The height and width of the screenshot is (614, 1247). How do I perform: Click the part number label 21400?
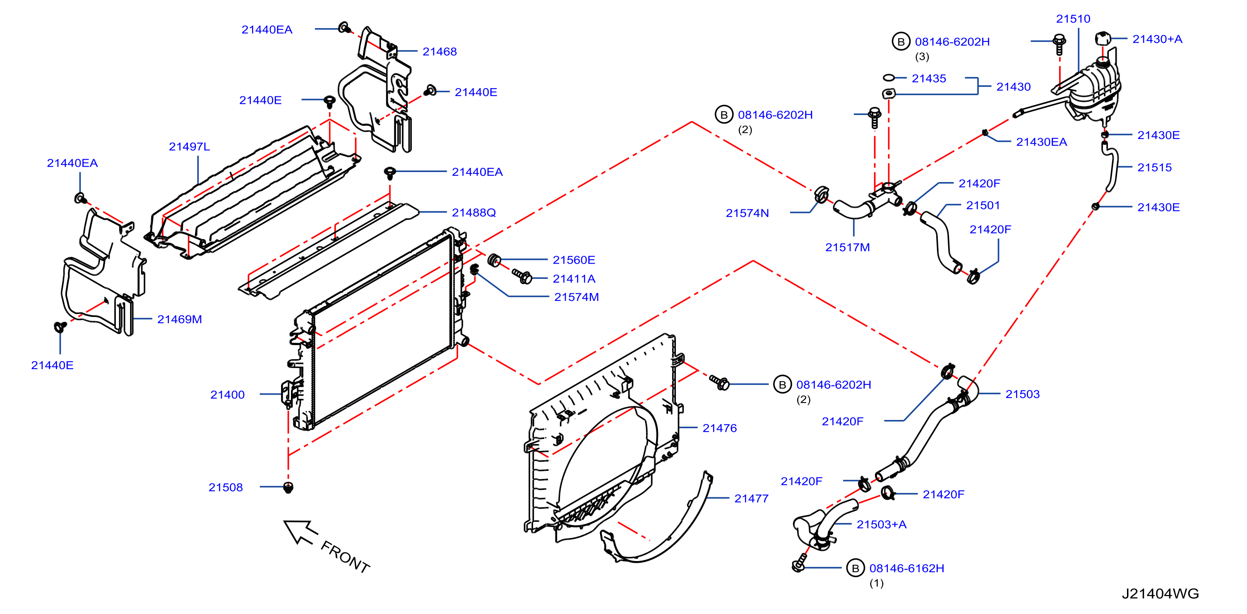pos(227,394)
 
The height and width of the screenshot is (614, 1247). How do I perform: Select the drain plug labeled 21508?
pos(288,487)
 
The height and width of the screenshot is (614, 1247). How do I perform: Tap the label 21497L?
pos(189,146)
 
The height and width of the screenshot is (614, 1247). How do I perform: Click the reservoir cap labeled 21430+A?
pos(1102,38)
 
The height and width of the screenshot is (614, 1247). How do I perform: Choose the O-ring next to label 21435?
pos(888,77)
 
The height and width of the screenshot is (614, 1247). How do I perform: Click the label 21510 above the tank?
pos(1073,19)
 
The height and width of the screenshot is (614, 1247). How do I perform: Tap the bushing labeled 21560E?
pos(494,260)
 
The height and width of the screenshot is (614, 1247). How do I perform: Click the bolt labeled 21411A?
pos(522,276)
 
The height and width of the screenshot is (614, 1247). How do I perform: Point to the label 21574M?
pos(576,297)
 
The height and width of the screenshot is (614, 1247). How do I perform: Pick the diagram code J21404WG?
pos(1161,594)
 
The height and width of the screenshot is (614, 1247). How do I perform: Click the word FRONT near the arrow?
pos(345,557)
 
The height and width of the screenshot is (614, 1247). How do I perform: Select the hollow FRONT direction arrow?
pos(300,532)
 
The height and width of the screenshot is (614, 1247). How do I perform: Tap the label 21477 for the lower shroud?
pos(751,499)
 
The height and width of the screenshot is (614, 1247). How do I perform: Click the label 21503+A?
pos(881,525)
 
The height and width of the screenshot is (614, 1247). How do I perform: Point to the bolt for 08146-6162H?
pos(799,564)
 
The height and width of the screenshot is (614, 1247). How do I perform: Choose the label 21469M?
pos(179,319)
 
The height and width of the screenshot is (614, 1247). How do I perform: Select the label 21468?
pos(439,51)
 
